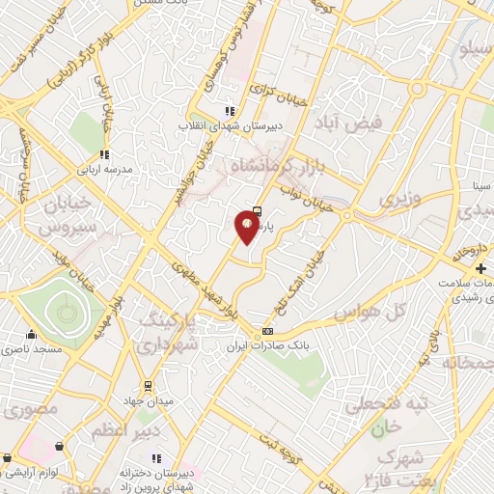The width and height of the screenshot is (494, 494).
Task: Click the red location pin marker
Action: tap(247, 228)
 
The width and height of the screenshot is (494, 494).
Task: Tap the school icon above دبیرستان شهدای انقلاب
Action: tap(229, 111)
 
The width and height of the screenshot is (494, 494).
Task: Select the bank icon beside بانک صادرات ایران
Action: tap(266, 332)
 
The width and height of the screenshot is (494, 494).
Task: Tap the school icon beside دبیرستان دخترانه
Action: tap(155, 458)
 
